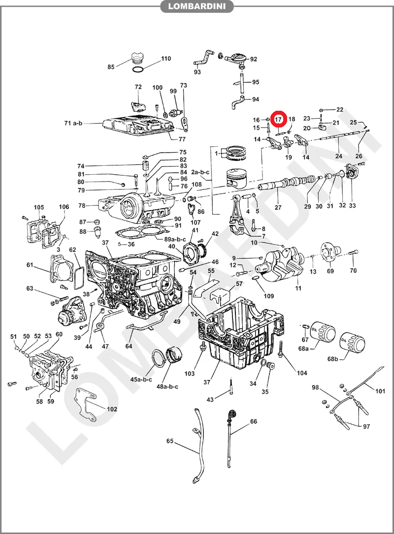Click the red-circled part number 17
point(278,119)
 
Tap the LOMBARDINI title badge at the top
point(197,6)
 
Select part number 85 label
point(111,67)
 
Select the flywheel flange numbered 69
point(327,252)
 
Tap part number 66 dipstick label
point(254,422)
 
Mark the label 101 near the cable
point(380,392)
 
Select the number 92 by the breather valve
point(254,59)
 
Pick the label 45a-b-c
point(141,380)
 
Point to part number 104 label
point(302,373)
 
